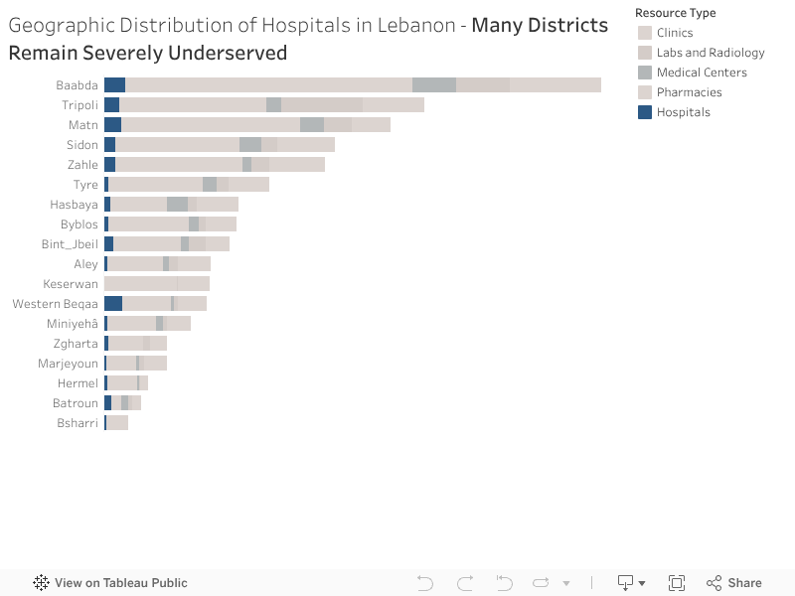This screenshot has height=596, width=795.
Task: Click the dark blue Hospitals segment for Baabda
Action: point(114,85)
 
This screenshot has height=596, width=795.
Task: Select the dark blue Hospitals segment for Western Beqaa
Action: point(113,304)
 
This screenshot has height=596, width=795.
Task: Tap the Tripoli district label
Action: point(79,105)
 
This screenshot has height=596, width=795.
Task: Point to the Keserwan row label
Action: point(71,284)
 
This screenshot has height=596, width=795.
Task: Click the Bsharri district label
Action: point(78,423)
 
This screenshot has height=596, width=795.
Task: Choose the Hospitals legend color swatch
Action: point(645,112)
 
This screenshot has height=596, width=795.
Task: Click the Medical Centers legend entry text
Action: point(702,73)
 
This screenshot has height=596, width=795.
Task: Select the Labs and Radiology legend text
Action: point(711,53)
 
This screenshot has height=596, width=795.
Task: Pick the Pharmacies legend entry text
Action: point(689,92)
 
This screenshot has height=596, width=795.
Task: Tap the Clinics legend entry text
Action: point(675,33)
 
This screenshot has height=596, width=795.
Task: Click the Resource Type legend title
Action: point(676,13)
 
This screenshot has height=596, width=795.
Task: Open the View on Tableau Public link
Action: point(120,583)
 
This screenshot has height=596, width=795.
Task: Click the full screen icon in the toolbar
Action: point(677,583)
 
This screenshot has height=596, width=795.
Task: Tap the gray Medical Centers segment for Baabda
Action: point(434,85)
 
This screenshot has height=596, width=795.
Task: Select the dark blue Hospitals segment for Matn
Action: point(112,125)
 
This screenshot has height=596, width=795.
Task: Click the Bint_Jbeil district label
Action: point(70,244)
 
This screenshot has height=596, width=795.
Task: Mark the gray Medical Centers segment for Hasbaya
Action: point(177,205)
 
